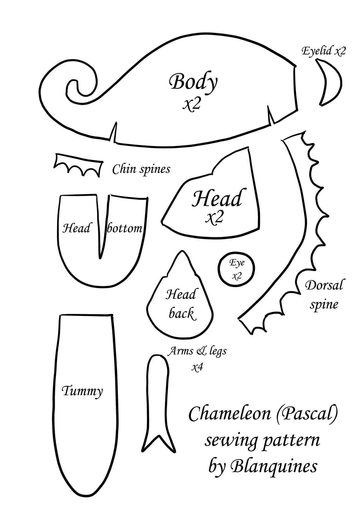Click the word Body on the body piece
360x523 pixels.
[x=193, y=82]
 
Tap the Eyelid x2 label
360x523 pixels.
[x=323, y=51]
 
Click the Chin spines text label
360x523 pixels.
[x=141, y=169]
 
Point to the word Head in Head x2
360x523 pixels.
[x=217, y=198]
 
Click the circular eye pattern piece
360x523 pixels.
[x=237, y=269]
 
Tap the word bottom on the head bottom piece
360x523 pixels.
[x=125, y=228]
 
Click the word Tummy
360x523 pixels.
[x=82, y=391]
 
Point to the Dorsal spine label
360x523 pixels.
[x=324, y=295]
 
